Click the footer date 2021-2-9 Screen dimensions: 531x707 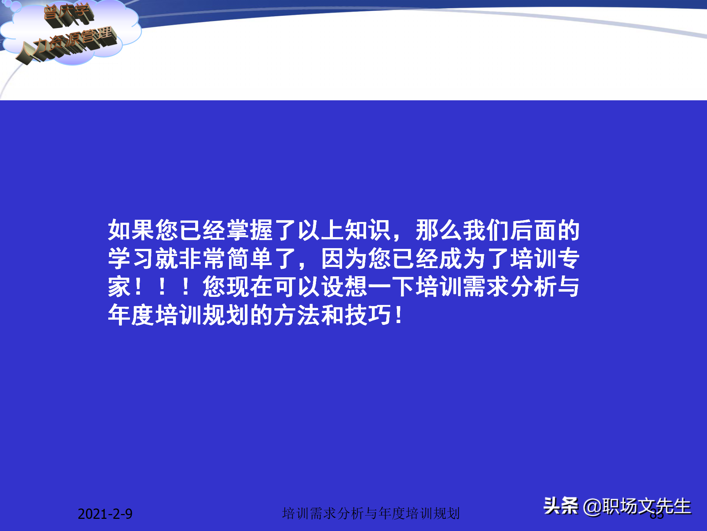click(x=105, y=514)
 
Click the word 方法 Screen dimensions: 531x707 click(x=297, y=316)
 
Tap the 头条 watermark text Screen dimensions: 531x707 click(x=561, y=506)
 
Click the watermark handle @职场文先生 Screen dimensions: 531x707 click(x=637, y=507)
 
